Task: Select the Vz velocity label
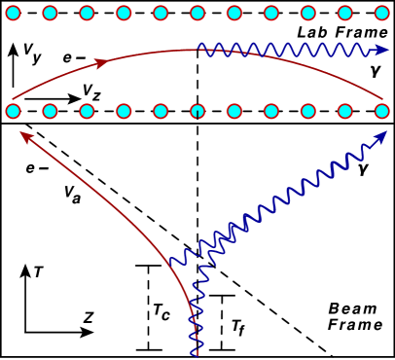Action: pos(91,90)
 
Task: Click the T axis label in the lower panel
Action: pos(36,273)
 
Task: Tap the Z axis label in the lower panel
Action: pos(88,317)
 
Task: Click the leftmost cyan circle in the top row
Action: pos(13,14)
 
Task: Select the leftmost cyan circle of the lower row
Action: pos(13,110)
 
